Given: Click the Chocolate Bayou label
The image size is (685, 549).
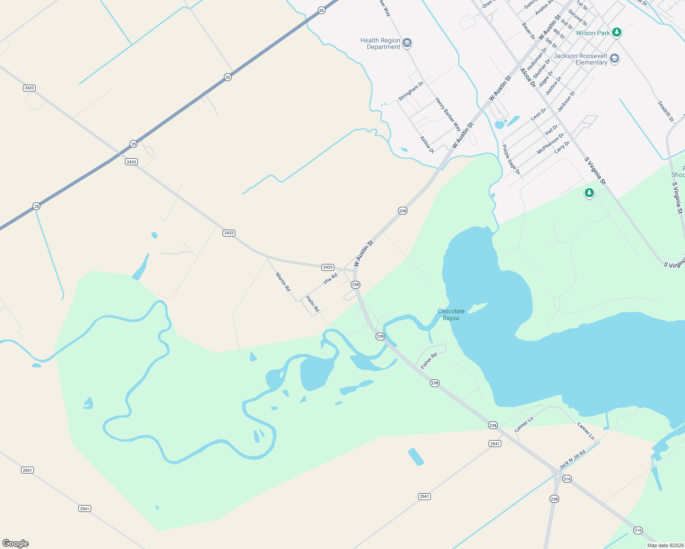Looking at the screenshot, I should (x=451, y=314).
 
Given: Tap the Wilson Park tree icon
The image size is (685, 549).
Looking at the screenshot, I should (x=617, y=32).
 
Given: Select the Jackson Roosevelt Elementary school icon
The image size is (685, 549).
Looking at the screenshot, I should (x=614, y=59).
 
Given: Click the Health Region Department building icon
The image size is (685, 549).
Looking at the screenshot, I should (x=407, y=43).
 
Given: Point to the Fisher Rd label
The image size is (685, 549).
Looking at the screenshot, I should (x=429, y=361).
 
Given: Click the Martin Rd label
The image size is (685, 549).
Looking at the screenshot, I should (x=283, y=282).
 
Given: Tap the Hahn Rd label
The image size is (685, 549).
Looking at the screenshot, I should (x=313, y=304).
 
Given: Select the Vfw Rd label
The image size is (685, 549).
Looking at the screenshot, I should (x=330, y=278).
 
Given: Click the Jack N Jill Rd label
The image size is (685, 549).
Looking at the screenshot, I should (x=572, y=460).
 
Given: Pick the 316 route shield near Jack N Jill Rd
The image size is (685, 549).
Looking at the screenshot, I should (x=567, y=479).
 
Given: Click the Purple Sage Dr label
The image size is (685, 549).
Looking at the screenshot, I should (x=511, y=160).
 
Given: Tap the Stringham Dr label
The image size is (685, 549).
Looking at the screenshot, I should (x=411, y=91).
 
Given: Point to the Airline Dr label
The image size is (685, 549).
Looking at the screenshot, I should (x=427, y=145).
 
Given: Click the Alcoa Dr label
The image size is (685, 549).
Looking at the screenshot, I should (x=527, y=77).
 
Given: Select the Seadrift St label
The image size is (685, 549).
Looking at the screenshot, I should (x=666, y=111).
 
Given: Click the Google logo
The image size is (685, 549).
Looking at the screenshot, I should (x=16, y=544).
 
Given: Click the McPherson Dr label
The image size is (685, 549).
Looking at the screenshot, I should (x=550, y=144).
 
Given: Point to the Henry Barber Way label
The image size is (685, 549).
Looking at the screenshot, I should (x=448, y=114).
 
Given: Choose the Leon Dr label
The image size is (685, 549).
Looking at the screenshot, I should (x=538, y=114).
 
